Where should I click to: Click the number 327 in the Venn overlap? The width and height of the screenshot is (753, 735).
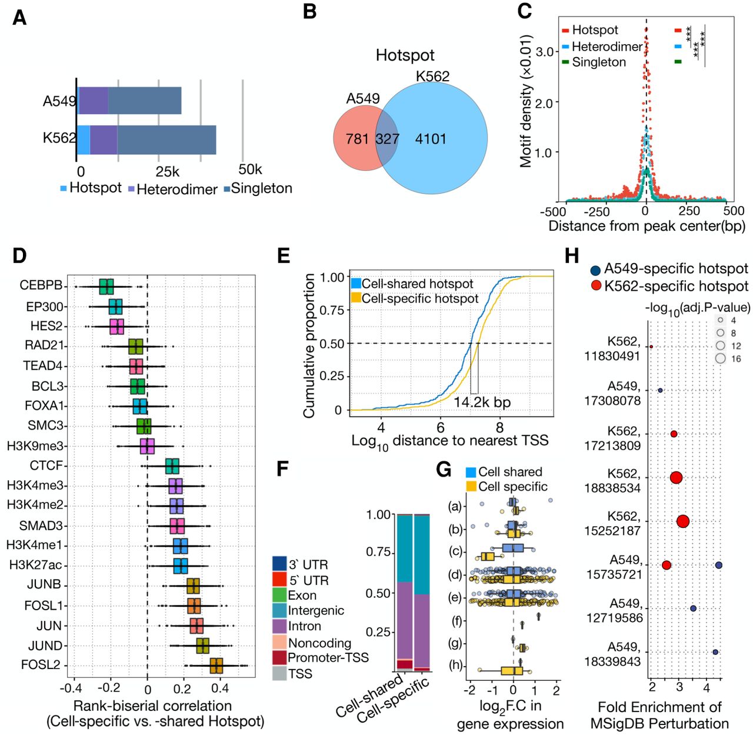[387, 139]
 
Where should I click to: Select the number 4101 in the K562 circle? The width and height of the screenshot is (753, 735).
[431, 139]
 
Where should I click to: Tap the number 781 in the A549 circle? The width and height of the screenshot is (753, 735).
[357, 139]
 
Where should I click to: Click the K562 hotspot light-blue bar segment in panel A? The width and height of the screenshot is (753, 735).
[84, 140]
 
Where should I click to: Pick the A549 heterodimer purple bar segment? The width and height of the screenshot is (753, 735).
[94, 101]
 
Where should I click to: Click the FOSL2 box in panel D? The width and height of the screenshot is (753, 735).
[216, 666]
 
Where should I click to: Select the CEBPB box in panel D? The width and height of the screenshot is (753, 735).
[106, 287]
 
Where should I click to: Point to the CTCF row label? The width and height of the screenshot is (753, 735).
[46, 465]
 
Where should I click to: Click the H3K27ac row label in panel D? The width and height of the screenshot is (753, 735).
[35, 565]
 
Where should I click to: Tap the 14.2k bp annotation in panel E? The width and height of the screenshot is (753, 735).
[482, 403]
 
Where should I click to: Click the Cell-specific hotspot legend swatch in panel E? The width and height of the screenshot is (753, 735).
[355, 298]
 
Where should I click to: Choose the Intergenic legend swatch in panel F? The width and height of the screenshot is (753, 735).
[279, 611]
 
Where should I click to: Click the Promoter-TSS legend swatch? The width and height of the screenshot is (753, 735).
[279, 657]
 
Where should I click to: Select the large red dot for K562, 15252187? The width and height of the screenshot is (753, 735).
[683, 521]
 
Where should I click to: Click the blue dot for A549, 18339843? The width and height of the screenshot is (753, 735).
[715, 652]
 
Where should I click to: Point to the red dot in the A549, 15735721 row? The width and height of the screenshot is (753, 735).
[666, 565]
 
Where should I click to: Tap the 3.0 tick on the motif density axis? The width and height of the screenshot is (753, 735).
[545, 52]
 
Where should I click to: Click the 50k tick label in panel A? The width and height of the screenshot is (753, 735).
[250, 169]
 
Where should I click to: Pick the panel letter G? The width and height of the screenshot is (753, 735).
[444, 469]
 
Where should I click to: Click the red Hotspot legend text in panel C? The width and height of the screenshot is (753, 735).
[595, 30]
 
